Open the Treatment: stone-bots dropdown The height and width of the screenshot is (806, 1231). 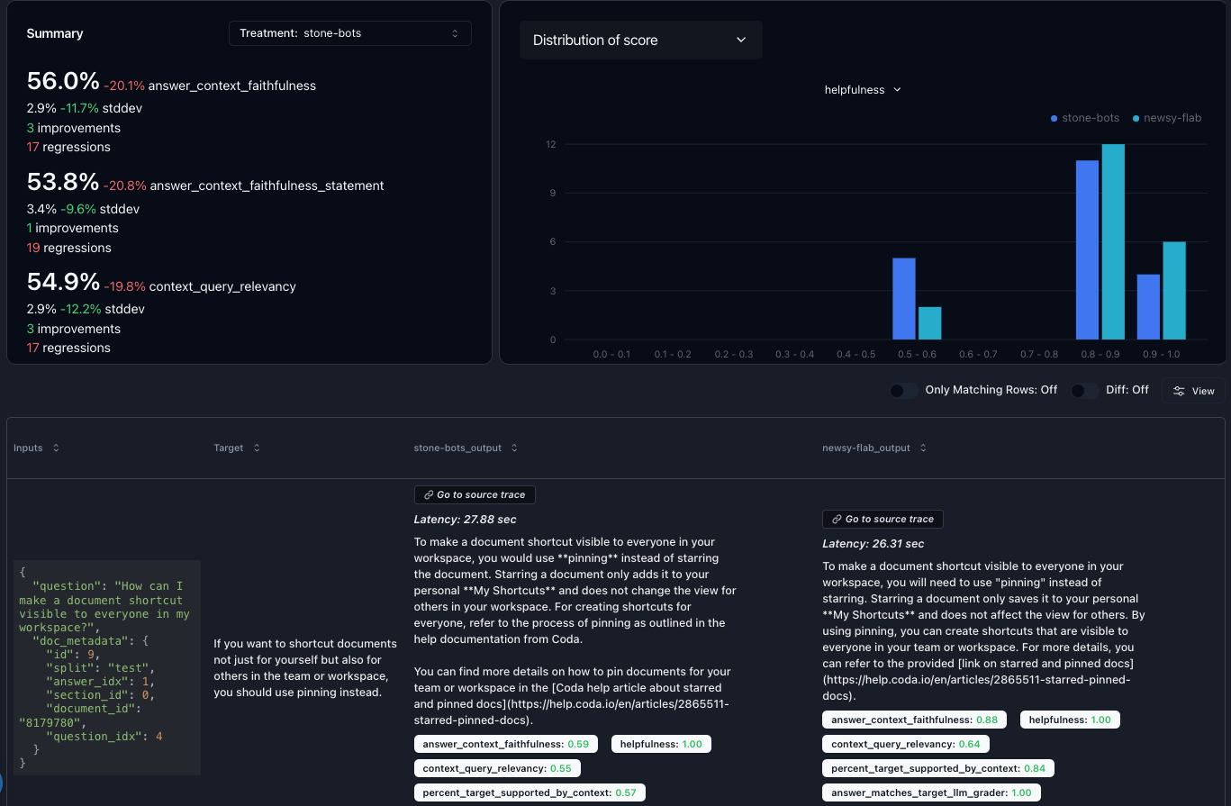point(349,33)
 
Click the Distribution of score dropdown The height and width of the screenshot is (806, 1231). point(640,41)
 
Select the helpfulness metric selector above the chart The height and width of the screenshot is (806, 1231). point(863,90)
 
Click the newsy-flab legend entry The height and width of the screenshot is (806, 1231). point(1167,118)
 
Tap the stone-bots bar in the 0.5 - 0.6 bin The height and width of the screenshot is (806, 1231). point(903,299)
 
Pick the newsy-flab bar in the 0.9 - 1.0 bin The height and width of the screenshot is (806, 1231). point(1174,290)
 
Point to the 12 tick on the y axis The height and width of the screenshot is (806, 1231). point(550,145)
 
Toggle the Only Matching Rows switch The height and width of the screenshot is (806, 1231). point(903,391)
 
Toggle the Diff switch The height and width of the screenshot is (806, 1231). point(1084,391)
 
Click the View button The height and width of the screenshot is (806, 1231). point(1193,391)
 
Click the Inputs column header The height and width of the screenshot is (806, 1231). point(29,448)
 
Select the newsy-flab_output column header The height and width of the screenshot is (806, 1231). point(865,448)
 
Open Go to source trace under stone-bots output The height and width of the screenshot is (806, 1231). point(475,494)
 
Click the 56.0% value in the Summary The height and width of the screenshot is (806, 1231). point(63,82)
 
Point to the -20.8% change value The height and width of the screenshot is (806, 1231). point(124,186)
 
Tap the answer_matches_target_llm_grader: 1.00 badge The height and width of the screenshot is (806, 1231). point(931,792)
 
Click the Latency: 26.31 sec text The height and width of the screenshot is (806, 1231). point(873,544)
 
